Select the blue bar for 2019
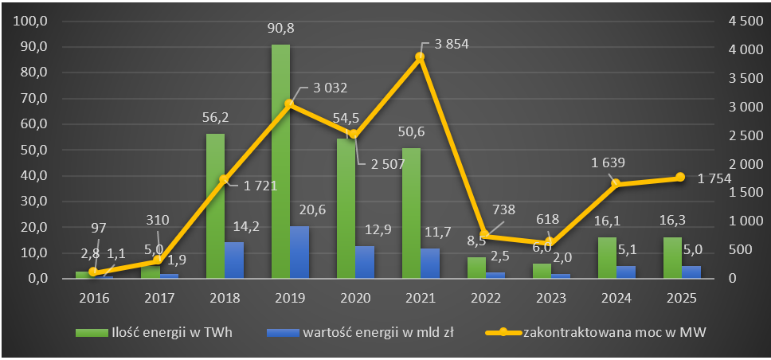pos(299,252)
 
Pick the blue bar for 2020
pos(365,262)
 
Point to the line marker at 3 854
pos(420,57)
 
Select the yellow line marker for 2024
pos(616,184)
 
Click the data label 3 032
pos(323,88)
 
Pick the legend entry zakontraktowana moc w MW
pos(613,332)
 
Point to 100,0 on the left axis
pos(33,21)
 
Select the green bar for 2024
pos(606,258)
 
